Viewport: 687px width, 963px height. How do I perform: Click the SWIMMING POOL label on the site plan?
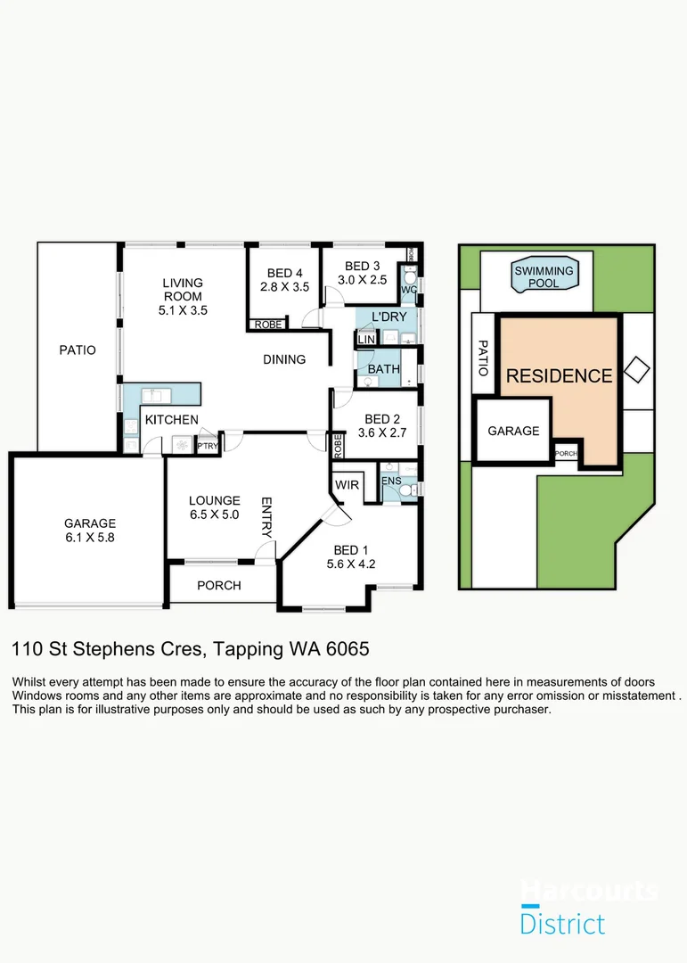[x=544, y=277]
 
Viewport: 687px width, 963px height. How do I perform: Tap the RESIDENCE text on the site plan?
[x=559, y=376]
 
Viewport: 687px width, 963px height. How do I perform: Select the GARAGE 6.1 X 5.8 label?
[x=89, y=531]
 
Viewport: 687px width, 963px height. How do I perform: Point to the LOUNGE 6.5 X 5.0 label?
[x=214, y=507]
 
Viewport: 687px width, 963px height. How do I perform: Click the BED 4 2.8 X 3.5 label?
[x=283, y=280]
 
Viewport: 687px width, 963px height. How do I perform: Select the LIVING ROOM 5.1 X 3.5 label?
[x=183, y=296]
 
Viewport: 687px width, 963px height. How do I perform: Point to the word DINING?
[x=284, y=359]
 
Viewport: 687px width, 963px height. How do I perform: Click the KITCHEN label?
[x=171, y=420]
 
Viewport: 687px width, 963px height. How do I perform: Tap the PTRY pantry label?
[x=207, y=446]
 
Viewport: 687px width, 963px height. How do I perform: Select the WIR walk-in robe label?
[x=346, y=484]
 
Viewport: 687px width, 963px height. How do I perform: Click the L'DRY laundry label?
[x=388, y=317]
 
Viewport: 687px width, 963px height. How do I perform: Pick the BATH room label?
[x=383, y=368]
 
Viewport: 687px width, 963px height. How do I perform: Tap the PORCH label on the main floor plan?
[x=219, y=586]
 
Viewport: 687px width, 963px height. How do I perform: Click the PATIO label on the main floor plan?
[x=77, y=350]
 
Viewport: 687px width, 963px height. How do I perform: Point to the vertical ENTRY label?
[x=266, y=516]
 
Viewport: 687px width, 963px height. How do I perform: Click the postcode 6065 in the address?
[x=347, y=648]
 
